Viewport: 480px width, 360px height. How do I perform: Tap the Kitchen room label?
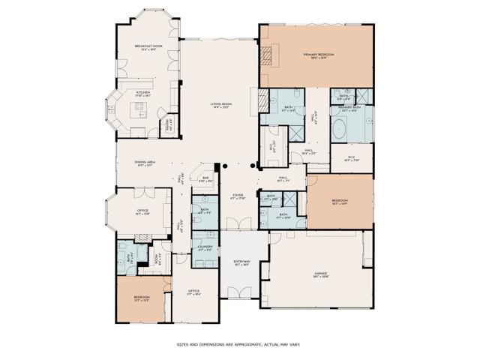click(143, 94)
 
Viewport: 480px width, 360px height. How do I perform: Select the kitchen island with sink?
click(139, 111)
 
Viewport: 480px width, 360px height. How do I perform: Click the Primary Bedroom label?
click(318, 55)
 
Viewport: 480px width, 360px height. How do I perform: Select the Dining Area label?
click(145, 164)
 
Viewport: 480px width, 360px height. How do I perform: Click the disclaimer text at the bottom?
click(238, 345)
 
